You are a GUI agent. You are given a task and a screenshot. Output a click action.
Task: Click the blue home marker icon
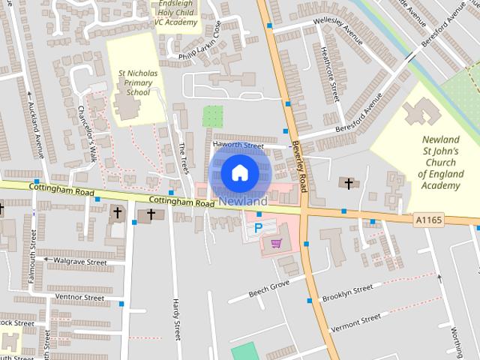pos(239,172)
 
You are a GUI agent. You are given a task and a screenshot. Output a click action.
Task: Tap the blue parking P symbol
pos(259,227)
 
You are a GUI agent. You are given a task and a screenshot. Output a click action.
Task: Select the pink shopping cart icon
pos(277,243)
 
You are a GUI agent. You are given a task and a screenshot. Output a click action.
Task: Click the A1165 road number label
pos(428,220)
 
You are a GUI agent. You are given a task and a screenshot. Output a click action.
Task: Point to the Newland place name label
pos(243,202)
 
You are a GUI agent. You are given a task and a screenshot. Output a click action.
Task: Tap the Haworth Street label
pos(238,145)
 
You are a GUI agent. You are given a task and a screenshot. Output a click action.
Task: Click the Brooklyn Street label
pos(347,293)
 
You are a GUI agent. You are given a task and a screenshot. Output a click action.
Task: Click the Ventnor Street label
pos(79,298)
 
